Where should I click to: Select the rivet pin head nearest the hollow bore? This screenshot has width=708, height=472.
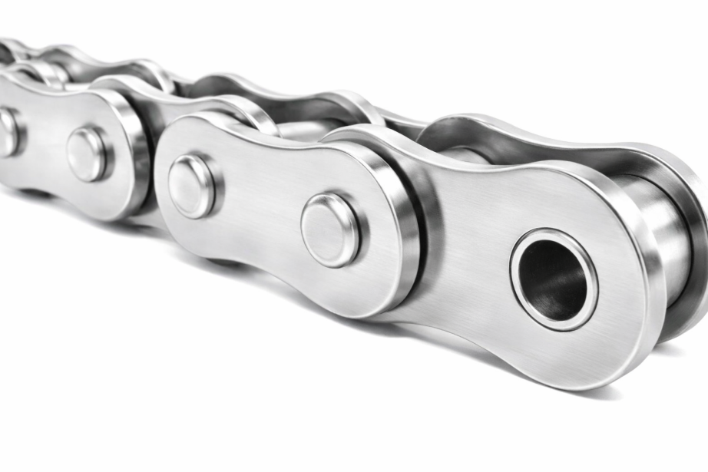pyautogui.click(x=329, y=229)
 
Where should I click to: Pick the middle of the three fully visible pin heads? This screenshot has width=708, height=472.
pyautogui.click(x=191, y=185)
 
